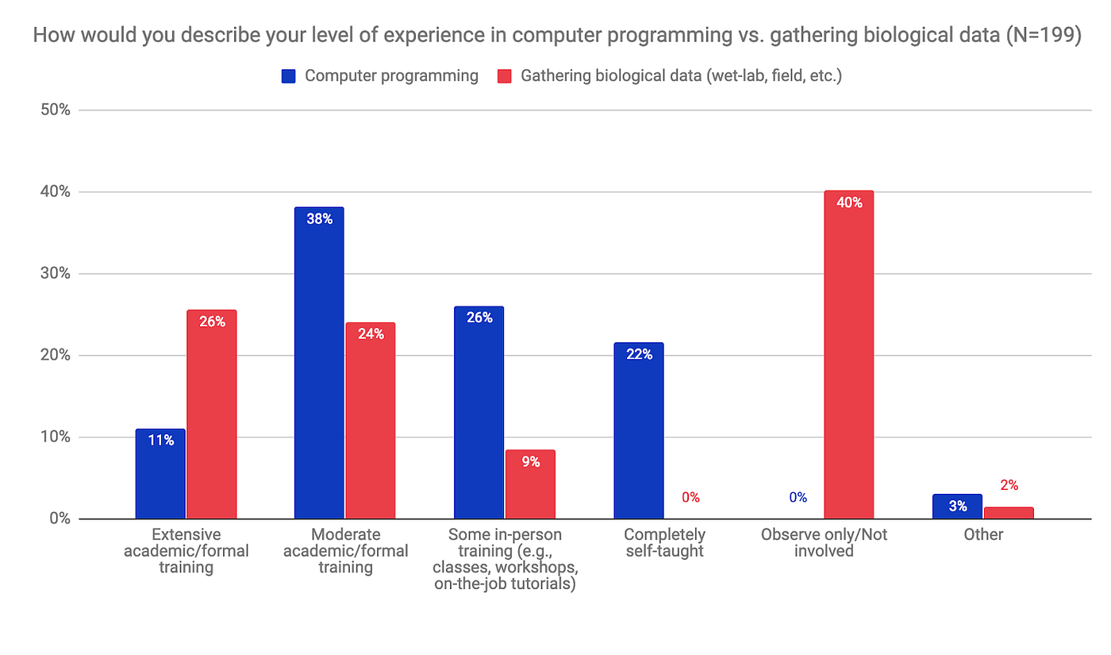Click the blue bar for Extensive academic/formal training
(160, 475)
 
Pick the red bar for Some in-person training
(530, 485)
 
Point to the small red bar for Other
(1009, 513)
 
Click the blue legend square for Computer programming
(289, 76)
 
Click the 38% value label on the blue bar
(319, 219)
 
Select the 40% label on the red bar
(848, 202)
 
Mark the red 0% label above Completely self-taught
(690, 498)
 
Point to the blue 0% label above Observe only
(798, 498)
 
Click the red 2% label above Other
(1009, 485)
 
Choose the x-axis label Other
(983, 535)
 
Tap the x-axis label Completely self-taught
(664, 543)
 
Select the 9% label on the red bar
(531, 461)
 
